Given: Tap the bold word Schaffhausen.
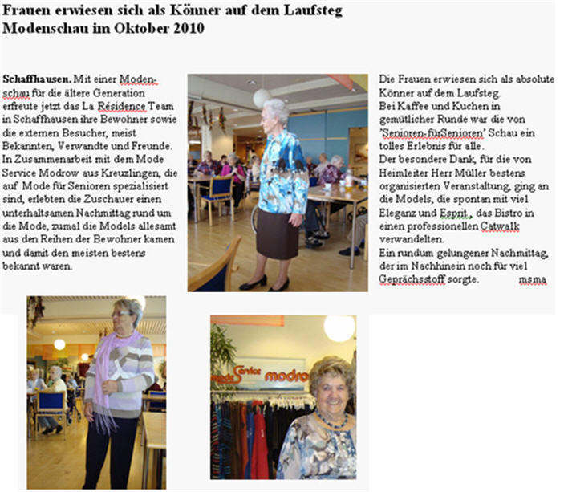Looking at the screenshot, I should point(36,80).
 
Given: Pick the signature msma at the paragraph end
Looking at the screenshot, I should point(531,279).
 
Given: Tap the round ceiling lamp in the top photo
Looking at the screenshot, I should point(262,98).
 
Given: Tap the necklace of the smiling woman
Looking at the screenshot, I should point(331,420).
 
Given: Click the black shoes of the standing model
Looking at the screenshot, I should point(265,283).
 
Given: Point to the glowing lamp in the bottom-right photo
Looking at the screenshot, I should point(339,328).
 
